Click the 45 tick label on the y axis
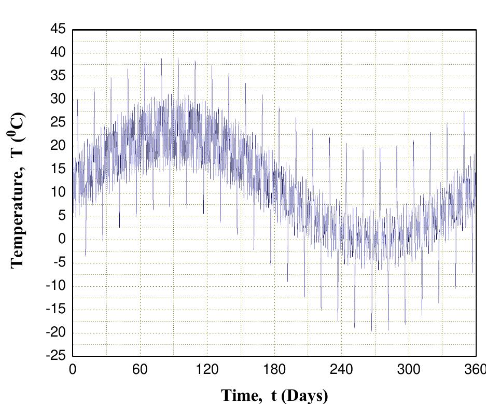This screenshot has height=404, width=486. click(58, 30)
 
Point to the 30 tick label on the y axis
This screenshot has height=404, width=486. click(58, 100)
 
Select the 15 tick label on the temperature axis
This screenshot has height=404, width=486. click(58, 170)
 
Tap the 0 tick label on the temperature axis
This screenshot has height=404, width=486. click(62, 240)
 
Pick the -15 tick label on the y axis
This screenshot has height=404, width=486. click(55, 310)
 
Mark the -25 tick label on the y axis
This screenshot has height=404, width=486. click(55, 356)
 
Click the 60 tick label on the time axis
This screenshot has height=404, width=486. click(140, 370)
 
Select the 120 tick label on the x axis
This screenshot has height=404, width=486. click(207, 370)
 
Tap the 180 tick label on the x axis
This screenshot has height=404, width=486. click(274, 370)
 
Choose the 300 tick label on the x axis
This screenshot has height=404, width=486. click(409, 370)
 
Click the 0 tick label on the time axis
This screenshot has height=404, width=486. click(73, 370)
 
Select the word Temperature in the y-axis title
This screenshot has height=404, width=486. click(18, 217)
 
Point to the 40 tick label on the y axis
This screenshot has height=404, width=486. click(58, 53)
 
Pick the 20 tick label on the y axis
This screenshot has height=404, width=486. click(58, 146)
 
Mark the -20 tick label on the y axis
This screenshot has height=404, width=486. click(55, 333)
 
